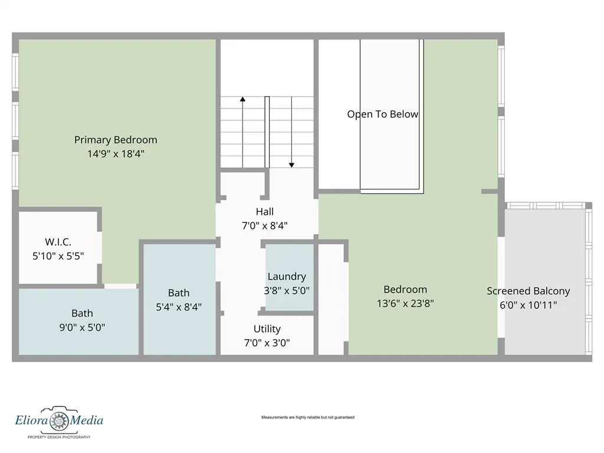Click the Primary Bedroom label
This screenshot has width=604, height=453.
(x=116, y=140)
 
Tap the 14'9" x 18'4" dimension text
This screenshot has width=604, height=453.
(x=116, y=154)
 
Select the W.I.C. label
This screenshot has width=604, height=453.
(x=58, y=242)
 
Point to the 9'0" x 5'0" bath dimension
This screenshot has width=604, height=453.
(x=82, y=327)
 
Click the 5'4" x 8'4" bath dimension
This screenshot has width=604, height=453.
(x=179, y=307)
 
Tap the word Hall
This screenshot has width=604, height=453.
(x=265, y=212)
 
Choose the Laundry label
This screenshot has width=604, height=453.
(x=287, y=277)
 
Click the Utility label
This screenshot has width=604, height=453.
(x=267, y=329)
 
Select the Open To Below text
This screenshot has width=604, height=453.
(x=382, y=114)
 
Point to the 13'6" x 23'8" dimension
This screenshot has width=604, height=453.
(x=405, y=304)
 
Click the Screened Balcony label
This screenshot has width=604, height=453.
(x=528, y=291)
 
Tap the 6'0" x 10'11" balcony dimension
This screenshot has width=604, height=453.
(x=528, y=305)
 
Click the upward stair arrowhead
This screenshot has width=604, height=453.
(x=242, y=99)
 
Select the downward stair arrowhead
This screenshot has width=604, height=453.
(x=291, y=165)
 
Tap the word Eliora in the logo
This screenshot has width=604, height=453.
(x=31, y=420)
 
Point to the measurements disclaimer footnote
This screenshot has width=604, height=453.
(x=308, y=417)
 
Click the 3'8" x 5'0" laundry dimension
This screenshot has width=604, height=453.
(x=287, y=290)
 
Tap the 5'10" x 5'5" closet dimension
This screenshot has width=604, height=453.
(x=58, y=256)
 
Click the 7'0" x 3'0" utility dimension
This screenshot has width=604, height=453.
(x=267, y=343)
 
